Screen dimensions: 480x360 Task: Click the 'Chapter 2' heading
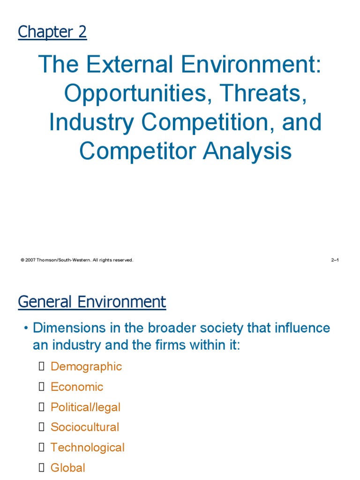pos(52,32)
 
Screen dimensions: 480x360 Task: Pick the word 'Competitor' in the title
pos(134,151)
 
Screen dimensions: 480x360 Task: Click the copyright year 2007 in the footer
pos(31,260)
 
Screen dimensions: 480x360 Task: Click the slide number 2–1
pos(335,260)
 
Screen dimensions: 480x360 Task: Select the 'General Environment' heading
pos(92,301)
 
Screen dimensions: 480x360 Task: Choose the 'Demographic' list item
pos(86,367)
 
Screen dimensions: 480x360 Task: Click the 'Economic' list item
pos(77,387)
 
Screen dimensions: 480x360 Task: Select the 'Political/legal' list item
pos(85,407)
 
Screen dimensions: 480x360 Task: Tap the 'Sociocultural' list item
pos(85,427)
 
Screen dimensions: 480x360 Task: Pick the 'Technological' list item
pos(88,448)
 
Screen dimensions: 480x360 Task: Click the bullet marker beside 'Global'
pos(41,468)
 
